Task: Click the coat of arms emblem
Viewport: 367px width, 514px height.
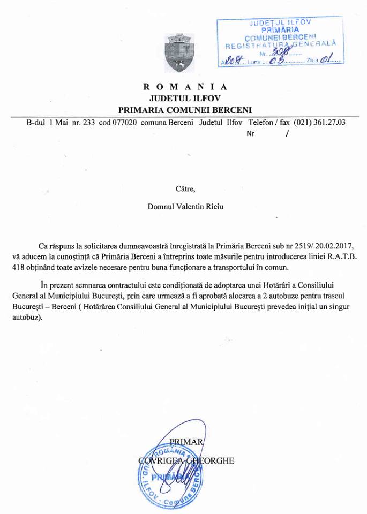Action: pos(177,54)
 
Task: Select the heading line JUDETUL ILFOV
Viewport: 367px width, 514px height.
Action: pos(185,98)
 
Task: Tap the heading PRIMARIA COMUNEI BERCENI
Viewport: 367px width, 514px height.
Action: pos(185,109)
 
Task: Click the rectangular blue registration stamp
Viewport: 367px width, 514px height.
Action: pos(280,42)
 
